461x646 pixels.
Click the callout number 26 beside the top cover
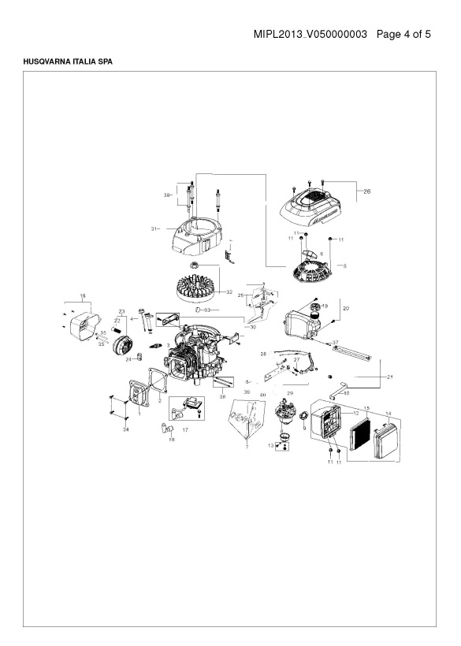click(x=365, y=191)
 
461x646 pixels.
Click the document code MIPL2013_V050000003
click(x=311, y=35)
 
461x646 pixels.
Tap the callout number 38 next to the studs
click(x=168, y=194)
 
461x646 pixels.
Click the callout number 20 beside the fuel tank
click(x=345, y=308)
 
